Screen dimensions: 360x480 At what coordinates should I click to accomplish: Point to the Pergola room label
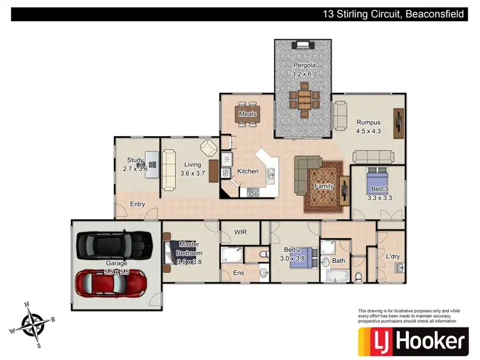click(x=305, y=70)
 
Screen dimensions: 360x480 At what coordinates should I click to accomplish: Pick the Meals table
click(x=247, y=115)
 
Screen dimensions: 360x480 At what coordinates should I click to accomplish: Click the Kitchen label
click(x=248, y=171)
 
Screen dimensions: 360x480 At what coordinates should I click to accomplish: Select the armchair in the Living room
click(x=209, y=148)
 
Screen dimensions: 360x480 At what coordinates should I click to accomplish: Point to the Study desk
click(x=152, y=164)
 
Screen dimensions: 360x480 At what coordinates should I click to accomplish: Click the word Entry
click(x=137, y=205)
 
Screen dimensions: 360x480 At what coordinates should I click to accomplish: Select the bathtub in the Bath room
click(x=336, y=276)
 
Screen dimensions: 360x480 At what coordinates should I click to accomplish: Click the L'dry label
click(x=393, y=257)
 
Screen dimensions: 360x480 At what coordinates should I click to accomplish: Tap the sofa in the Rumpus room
click(x=373, y=157)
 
